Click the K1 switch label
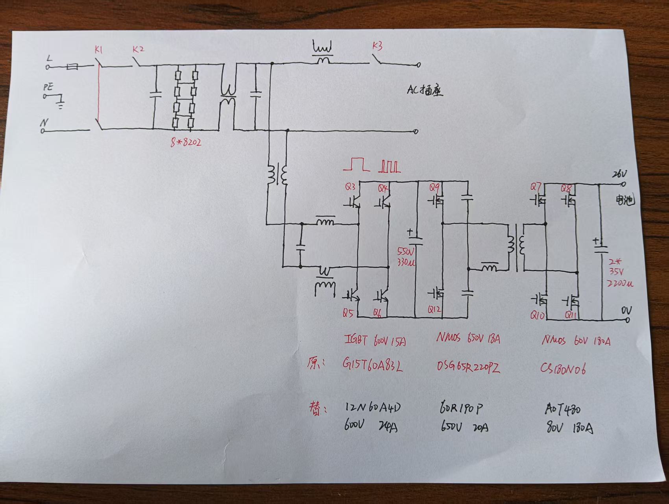98,50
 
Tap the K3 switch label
377,46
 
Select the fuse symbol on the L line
72,67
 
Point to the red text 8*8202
186,142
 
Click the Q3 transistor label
350,187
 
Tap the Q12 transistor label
434,310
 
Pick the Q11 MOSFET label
571,315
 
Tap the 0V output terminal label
626,311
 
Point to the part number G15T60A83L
373,366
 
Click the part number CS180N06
563,369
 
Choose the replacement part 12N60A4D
373,408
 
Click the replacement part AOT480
563,409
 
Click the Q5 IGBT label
348,313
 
